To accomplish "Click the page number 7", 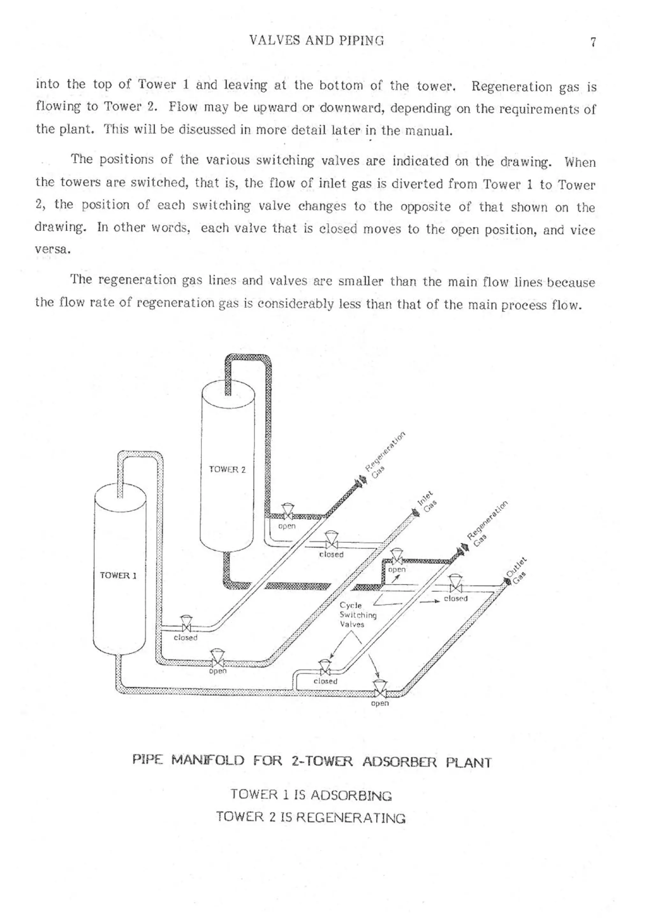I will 593,42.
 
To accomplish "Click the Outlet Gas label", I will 516,570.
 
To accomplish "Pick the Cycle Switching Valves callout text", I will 358,615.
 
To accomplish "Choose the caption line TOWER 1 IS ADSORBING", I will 311,795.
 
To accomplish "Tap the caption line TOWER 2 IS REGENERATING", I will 311,817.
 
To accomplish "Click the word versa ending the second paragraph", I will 53,250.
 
